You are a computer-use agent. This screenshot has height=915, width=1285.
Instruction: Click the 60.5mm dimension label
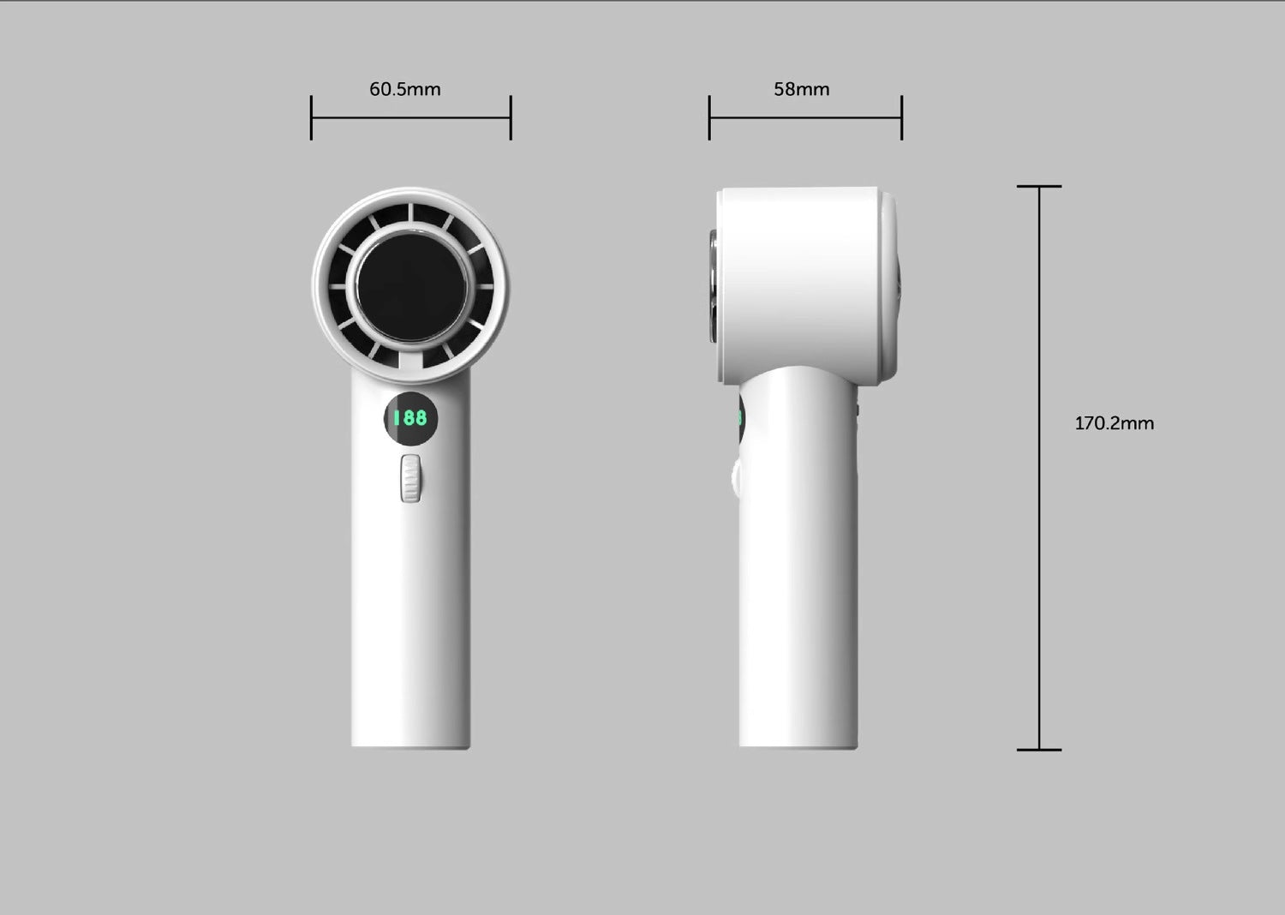pos(404,89)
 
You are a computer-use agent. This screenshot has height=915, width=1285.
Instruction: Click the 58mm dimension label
pos(801,89)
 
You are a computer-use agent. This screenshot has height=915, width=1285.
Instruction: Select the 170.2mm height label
pos(1114,423)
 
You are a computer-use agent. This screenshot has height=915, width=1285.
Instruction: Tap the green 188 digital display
pos(410,418)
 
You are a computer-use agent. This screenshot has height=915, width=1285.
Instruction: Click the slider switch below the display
pos(411,478)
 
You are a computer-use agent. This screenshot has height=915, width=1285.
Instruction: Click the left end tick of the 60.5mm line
pos(311,117)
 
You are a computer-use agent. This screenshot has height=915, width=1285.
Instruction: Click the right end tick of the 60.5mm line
pos(511,117)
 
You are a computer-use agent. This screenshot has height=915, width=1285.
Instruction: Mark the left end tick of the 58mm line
pos(709,117)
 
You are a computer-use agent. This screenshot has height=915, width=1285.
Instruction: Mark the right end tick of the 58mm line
pos(902,117)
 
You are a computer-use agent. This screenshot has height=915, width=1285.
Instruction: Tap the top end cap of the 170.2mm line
pos(1039,186)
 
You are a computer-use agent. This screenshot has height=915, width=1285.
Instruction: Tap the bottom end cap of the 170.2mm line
pos(1039,750)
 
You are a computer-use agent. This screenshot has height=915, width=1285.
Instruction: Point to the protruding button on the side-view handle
pos(735,480)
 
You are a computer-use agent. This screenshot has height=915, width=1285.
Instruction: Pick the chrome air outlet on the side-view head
pos(713,283)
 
